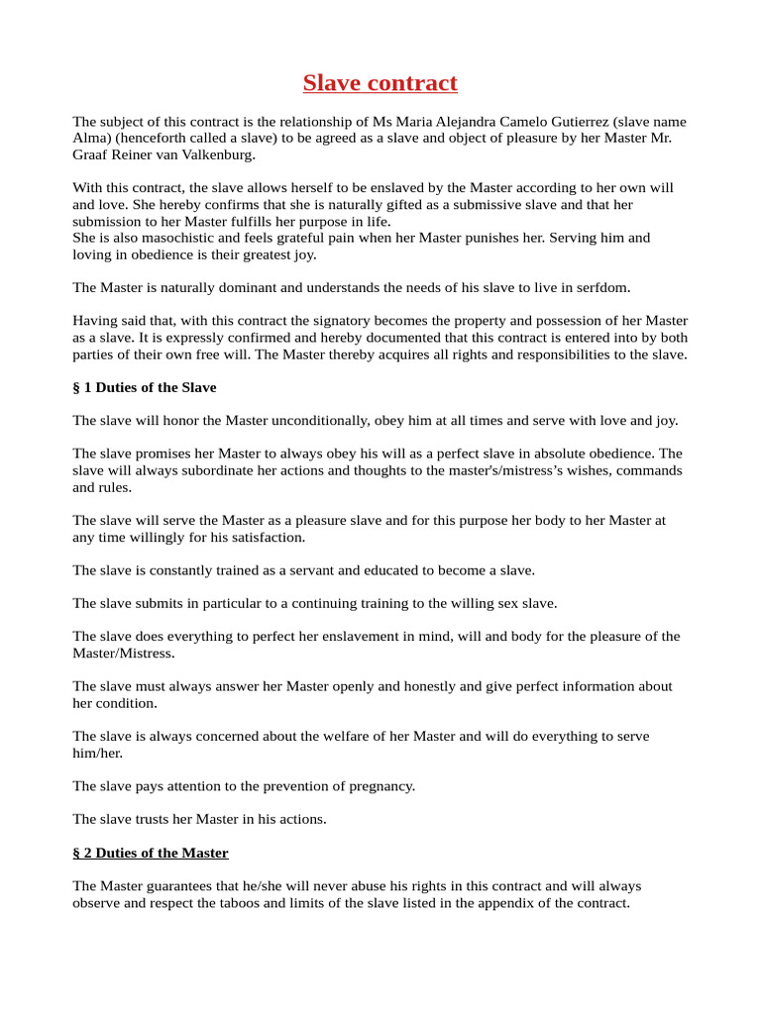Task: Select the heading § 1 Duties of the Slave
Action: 145,387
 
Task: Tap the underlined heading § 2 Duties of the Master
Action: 151,853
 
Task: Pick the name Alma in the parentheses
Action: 88,139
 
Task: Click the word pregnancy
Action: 379,786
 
